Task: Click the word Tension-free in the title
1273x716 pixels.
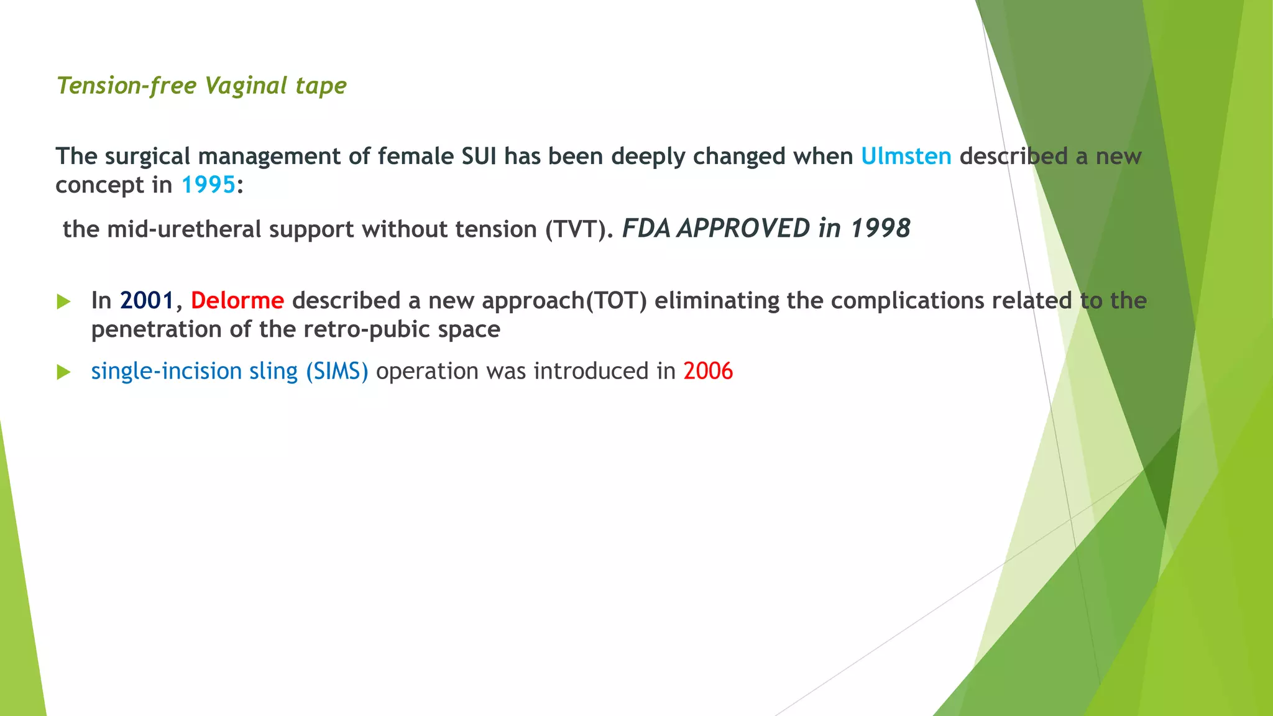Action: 127,86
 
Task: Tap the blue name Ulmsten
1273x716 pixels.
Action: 906,156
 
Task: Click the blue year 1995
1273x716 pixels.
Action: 208,185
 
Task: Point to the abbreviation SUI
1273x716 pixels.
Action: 479,156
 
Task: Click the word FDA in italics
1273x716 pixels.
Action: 646,229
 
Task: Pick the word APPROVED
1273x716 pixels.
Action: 743,229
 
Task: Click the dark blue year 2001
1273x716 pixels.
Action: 147,301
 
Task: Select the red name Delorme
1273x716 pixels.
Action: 237,301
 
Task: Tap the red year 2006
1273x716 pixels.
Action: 708,371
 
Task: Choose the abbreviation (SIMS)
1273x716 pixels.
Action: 337,371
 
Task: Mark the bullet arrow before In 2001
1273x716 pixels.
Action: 63,302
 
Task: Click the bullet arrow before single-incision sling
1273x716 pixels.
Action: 63,372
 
